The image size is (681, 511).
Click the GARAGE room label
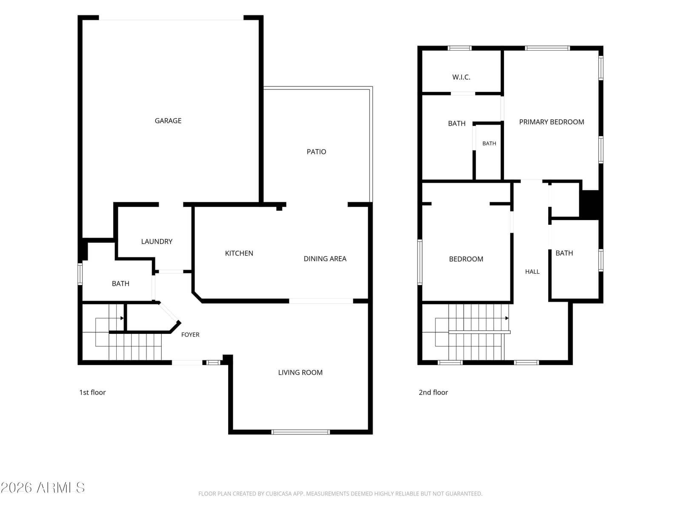tap(168, 121)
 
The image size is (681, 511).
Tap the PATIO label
tap(316, 152)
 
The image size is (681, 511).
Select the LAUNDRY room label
tap(157, 241)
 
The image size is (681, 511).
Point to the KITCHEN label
tap(239, 253)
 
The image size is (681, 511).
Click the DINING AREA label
tap(325, 259)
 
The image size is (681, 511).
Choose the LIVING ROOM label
tap(300, 372)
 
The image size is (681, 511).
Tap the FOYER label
tap(190, 334)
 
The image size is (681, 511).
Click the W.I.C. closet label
tap(461, 77)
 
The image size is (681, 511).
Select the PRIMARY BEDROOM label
tap(551, 122)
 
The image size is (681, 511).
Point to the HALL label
tap(532, 272)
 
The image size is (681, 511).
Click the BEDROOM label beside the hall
tap(466, 259)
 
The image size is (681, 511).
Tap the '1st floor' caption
tap(92, 392)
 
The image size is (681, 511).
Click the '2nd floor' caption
tap(433, 392)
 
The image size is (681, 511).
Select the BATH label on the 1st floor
tap(120, 284)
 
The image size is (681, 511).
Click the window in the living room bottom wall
tap(300, 432)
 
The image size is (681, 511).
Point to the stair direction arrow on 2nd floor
tap(506, 318)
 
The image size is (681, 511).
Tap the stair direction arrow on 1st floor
tap(122, 318)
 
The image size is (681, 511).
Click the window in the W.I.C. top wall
tap(460, 48)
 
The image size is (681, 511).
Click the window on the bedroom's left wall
tap(420, 262)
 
